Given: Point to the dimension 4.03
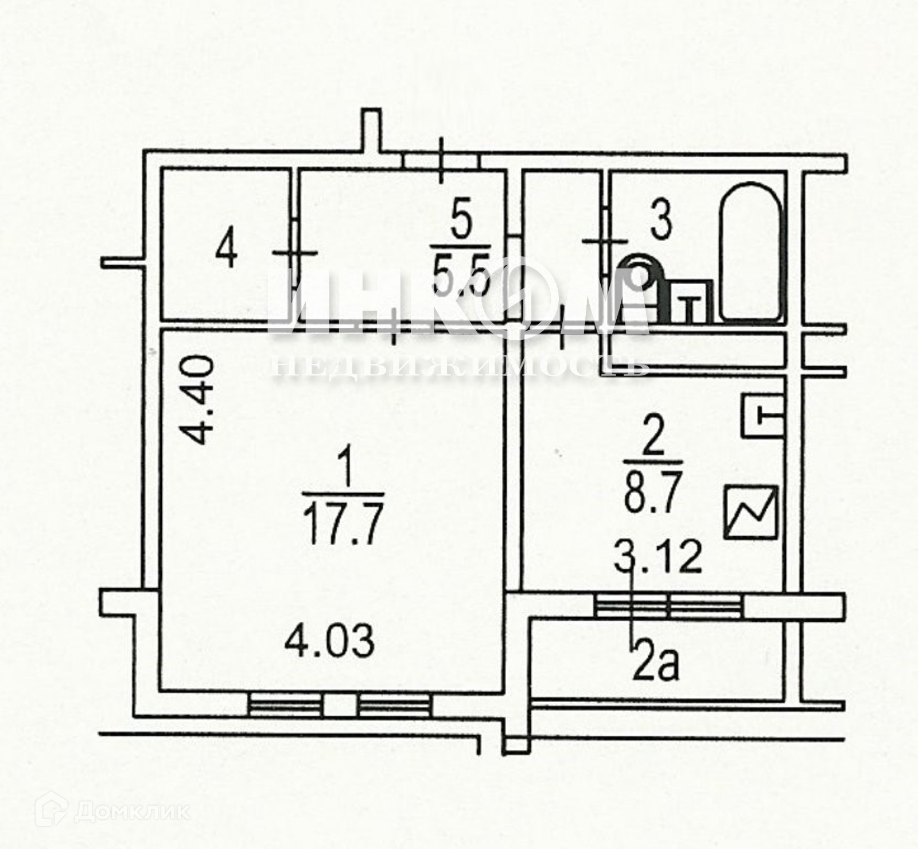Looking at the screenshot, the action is pyautogui.click(x=330, y=641).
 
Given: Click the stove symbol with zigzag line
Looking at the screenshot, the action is pyautogui.click(x=750, y=512).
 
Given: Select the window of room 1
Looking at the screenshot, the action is pyautogui.click(x=340, y=704).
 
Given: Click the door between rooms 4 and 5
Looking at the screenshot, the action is pyautogui.click(x=294, y=253).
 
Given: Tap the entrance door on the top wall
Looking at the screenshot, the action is pyautogui.click(x=441, y=160).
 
